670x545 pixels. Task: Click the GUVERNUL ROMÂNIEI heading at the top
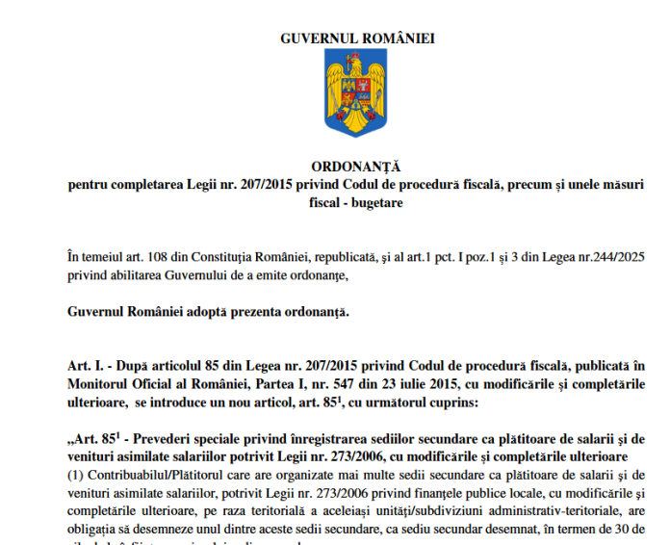click(357, 39)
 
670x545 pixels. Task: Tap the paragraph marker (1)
click(77, 474)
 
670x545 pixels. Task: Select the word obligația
click(98, 529)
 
